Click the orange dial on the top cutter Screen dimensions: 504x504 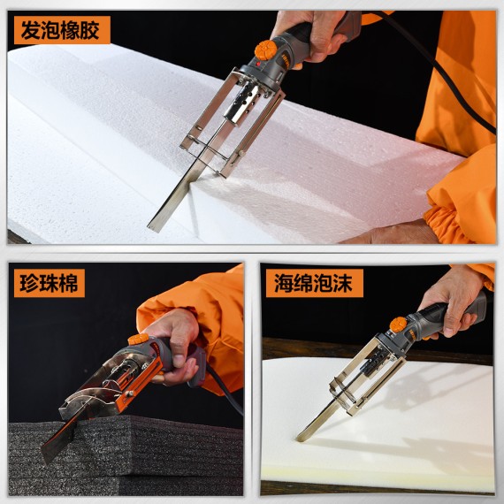264,50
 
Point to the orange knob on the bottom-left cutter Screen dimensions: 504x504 139,339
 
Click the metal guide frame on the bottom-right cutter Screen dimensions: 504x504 358,380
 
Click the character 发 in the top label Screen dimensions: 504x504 28,29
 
